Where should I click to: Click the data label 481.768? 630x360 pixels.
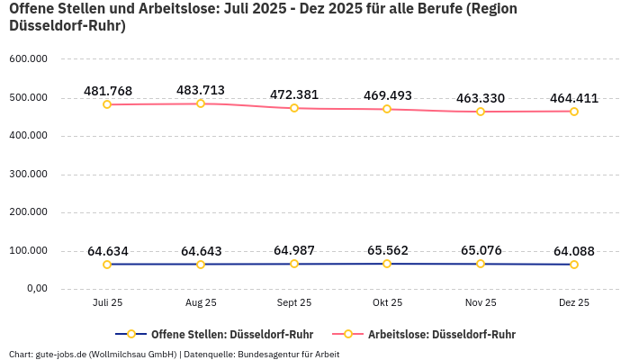[108, 91]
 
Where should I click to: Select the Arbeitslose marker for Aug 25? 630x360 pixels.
[201, 103]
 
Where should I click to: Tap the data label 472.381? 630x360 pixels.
[294, 94]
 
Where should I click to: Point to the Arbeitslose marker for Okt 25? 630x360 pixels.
[387, 109]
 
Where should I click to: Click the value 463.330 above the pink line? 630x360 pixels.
[480, 98]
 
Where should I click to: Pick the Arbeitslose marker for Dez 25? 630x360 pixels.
[573, 112]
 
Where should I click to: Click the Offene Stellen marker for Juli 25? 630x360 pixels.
[108, 265]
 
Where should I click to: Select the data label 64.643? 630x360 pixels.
[201, 251]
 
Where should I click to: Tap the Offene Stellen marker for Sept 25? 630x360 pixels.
[294, 264]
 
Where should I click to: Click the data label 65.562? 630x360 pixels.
[387, 250]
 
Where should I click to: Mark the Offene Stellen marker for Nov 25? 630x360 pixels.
[481, 264]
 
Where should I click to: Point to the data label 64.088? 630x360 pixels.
[573, 251]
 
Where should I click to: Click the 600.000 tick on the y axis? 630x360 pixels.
[28, 59]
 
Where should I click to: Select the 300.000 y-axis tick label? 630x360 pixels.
[28, 175]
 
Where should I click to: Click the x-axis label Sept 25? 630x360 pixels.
[294, 303]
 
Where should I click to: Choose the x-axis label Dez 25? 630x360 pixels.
[573, 303]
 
